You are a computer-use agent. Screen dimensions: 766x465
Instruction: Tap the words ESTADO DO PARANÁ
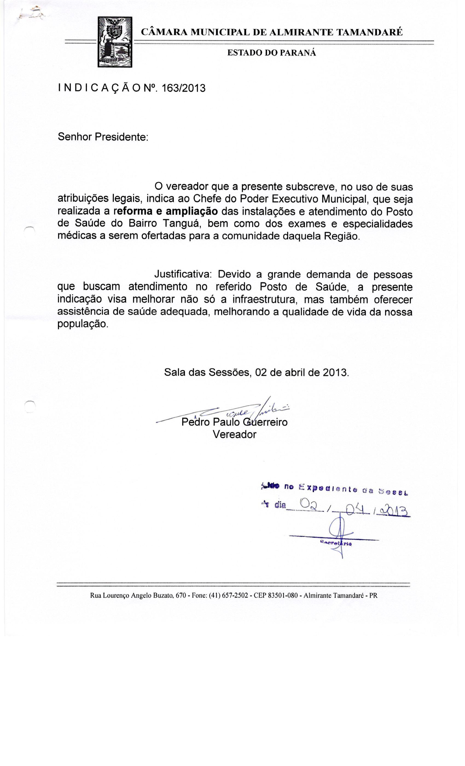pyautogui.click(x=272, y=53)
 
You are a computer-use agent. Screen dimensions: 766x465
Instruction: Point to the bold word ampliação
pyautogui.click(x=192, y=211)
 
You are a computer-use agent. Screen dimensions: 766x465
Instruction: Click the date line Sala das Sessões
pyautogui.click(x=256, y=372)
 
